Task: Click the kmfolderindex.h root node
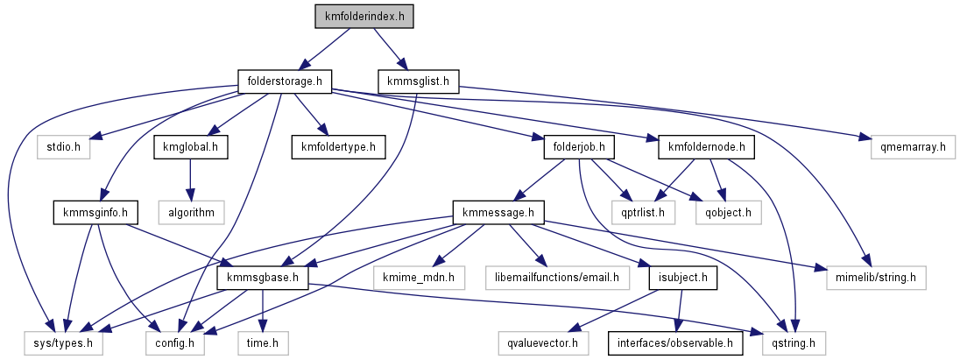pyautogui.click(x=364, y=16)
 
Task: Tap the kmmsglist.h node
pyautogui.click(x=418, y=82)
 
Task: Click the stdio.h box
pyautogui.click(x=64, y=146)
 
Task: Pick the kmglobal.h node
pyautogui.click(x=190, y=146)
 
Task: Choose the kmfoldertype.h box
pyautogui.click(x=334, y=146)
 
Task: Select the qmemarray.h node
pyautogui.click(x=907, y=146)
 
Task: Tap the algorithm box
pyautogui.click(x=190, y=211)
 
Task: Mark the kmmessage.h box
pyautogui.click(x=498, y=211)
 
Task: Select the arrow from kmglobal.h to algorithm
pyautogui.click(x=190, y=179)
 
